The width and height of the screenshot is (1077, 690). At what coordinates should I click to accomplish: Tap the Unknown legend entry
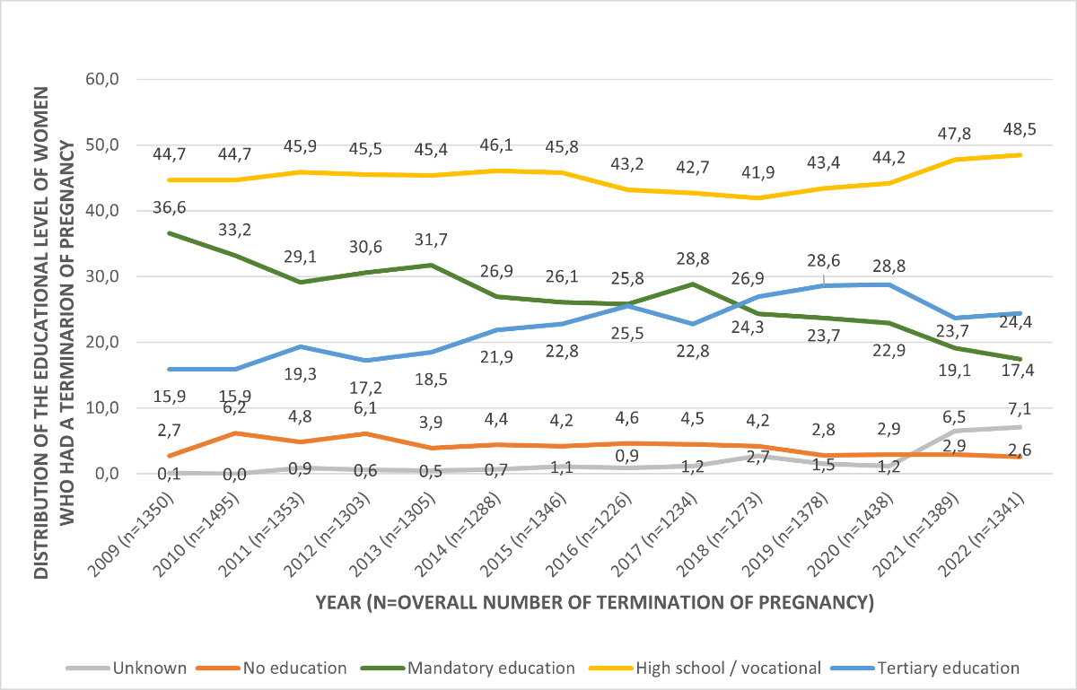pos(148,668)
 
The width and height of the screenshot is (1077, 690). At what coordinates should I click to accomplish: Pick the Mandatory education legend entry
pos(489,668)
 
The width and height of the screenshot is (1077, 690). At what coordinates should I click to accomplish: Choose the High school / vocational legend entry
pos(727,668)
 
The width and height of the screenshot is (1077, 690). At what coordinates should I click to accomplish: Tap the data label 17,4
pos(1021,371)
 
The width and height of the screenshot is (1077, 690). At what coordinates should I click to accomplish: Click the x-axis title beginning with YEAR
pos(594,602)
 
